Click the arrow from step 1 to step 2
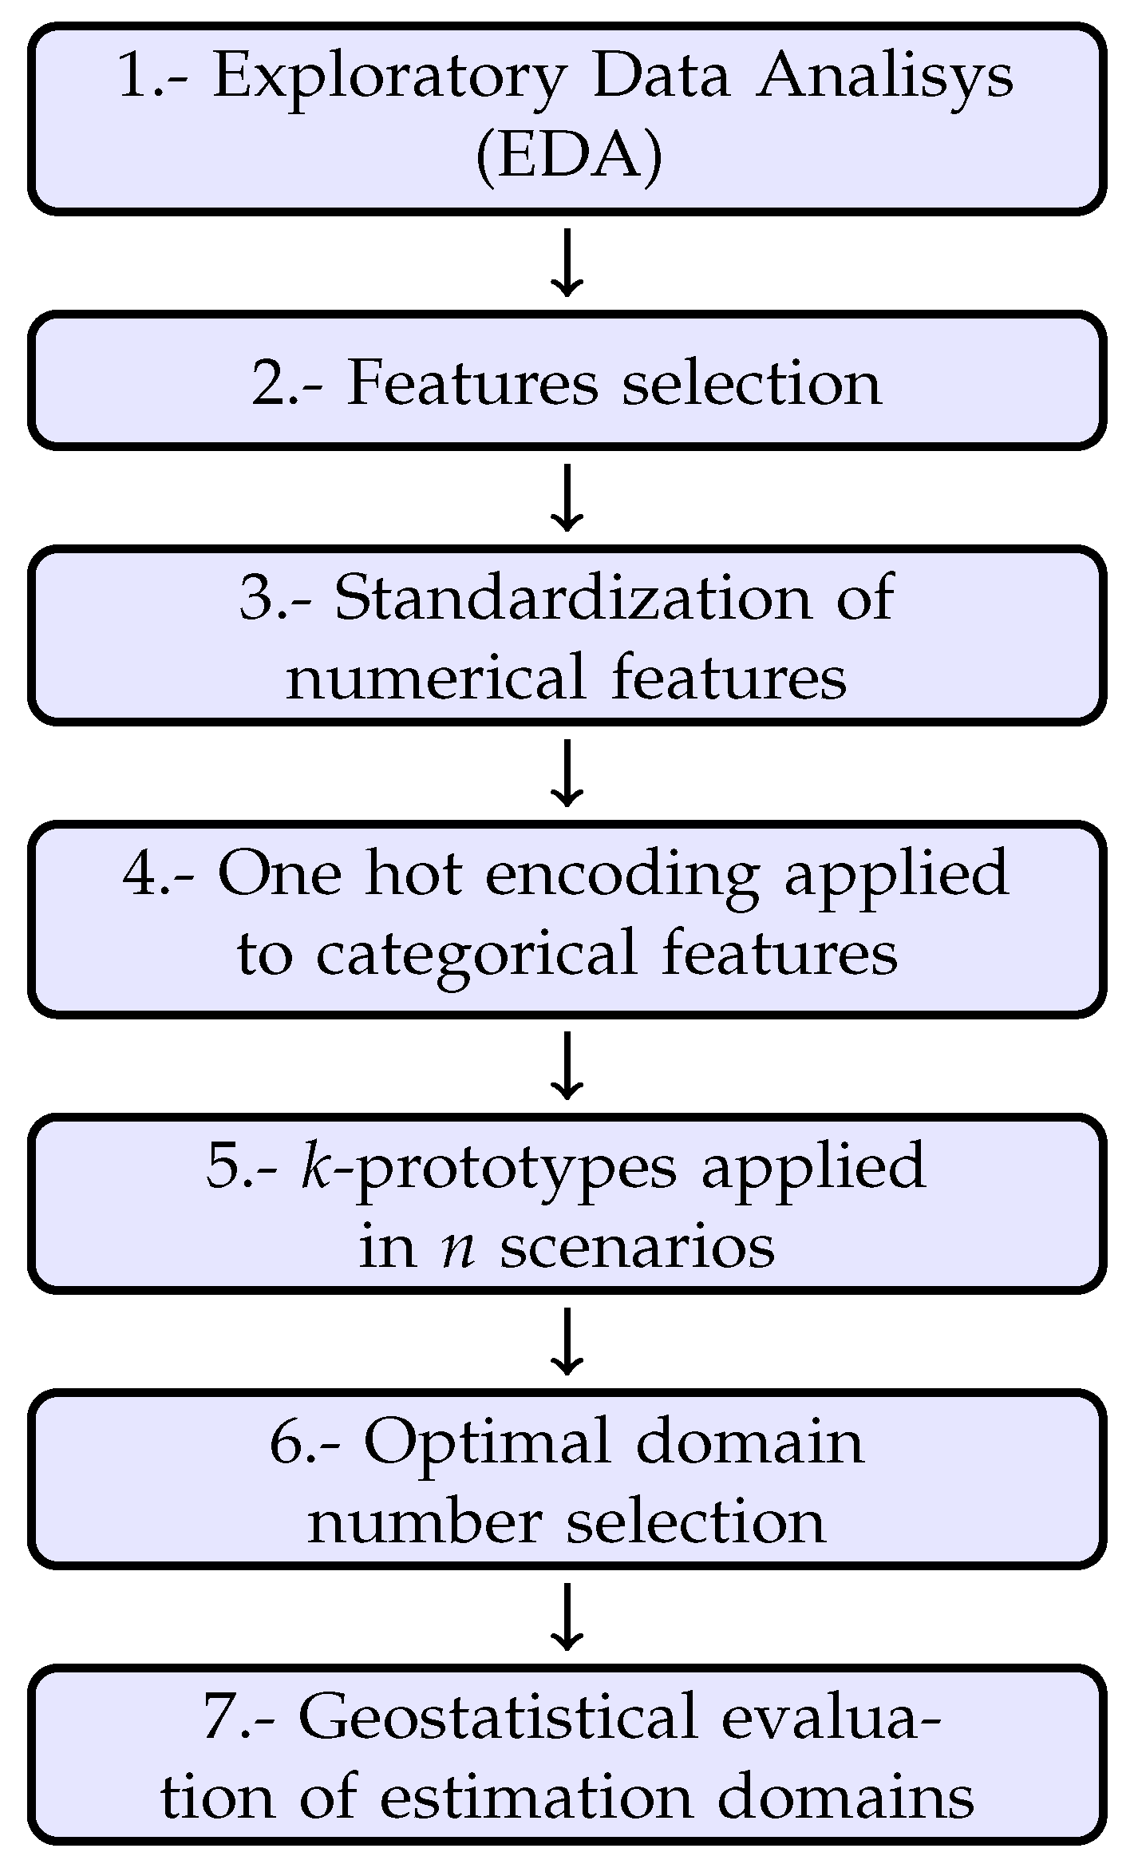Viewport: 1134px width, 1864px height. pyautogui.click(x=567, y=263)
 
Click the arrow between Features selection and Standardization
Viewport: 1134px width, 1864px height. pyautogui.click(x=567, y=498)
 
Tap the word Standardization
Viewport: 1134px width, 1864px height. pyautogui.click(x=572, y=598)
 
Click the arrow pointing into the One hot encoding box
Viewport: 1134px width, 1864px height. pyautogui.click(x=567, y=773)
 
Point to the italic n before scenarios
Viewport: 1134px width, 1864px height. pyautogui.click(x=459, y=1247)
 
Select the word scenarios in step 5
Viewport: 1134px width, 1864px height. pyautogui.click(x=637, y=1247)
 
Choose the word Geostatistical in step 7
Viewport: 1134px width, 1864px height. pyautogui.click(x=498, y=1717)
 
